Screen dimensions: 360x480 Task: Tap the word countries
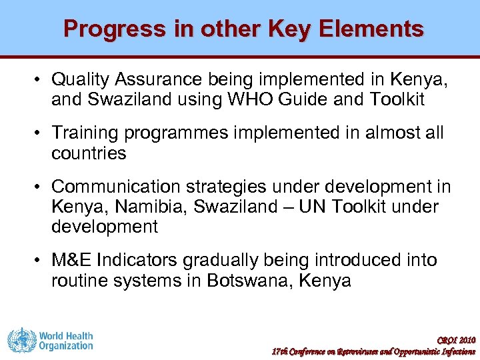[x=89, y=153]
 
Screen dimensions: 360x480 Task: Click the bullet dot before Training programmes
[x=39, y=133]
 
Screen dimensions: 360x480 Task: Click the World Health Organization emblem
[x=21, y=341]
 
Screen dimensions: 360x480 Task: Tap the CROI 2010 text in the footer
[x=458, y=340]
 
